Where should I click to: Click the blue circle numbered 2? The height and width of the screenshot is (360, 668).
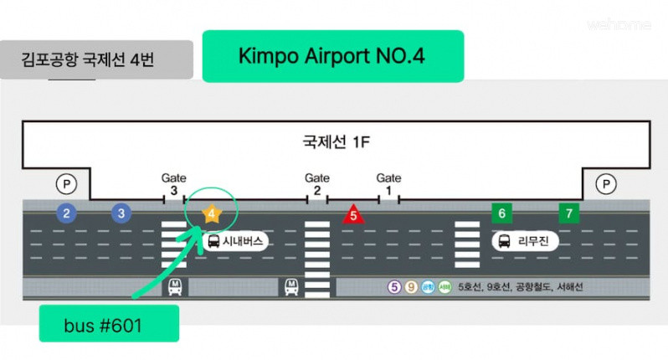click(66, 213)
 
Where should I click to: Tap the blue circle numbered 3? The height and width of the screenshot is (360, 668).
click(122, 213)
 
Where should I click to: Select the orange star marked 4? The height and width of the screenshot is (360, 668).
click(212, 213)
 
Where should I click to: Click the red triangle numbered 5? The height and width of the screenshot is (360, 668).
click(353, 214)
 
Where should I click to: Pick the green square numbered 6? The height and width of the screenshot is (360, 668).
click(501, 213)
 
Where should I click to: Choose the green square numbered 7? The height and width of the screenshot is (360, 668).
click(569, 213)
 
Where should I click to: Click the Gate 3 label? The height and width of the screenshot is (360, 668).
click(173, 184)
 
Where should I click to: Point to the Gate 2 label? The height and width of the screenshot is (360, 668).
click(316, 184)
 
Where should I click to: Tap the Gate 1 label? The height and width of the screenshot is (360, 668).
click(388, 184)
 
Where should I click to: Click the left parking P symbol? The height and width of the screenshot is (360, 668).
click(65, 183)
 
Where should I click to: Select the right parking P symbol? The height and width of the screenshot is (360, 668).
click(606, 183)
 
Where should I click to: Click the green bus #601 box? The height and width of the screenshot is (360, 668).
click(109, 323)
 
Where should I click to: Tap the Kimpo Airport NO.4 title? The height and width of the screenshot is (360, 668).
click(332, 56)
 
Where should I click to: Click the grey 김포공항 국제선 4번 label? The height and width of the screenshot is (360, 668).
click(96, 61)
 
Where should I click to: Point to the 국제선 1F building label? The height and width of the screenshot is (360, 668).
click(336, 141)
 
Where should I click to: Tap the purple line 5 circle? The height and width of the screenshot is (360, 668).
click(394, 287)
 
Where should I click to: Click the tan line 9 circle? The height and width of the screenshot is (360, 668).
click(411, 287)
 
